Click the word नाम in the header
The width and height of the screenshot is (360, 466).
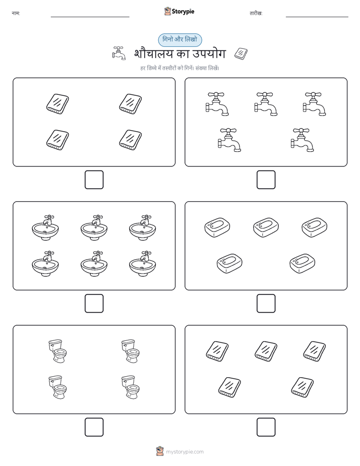coord(15,14)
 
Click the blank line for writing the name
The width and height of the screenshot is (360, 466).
coord(90,17)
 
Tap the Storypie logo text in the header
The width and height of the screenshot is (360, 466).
coord(183,12)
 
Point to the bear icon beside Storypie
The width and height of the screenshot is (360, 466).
coord(167,11)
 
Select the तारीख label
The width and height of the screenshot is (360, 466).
coord(256,14)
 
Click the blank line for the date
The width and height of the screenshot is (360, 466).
coord(317,17)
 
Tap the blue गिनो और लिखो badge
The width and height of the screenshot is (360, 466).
coord(180,40)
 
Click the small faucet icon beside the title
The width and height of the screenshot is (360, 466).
coord(119,53)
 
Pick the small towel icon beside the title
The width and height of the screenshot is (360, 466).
coord(241,53)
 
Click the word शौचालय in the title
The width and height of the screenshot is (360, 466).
coord(153,54)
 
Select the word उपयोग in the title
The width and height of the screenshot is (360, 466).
coord(209,54)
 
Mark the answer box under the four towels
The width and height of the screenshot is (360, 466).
coord(94,180)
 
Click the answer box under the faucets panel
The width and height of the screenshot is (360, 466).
coord(266,180)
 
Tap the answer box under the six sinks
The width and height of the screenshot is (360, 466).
coord(94,304)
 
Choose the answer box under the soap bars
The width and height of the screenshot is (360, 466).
coord(266,304)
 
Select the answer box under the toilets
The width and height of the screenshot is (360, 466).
coord(94,427)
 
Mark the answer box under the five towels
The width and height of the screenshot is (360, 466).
coord(266,427)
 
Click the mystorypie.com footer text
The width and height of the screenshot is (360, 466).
coord(185,452)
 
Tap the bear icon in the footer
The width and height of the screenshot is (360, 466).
coord(160,451)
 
